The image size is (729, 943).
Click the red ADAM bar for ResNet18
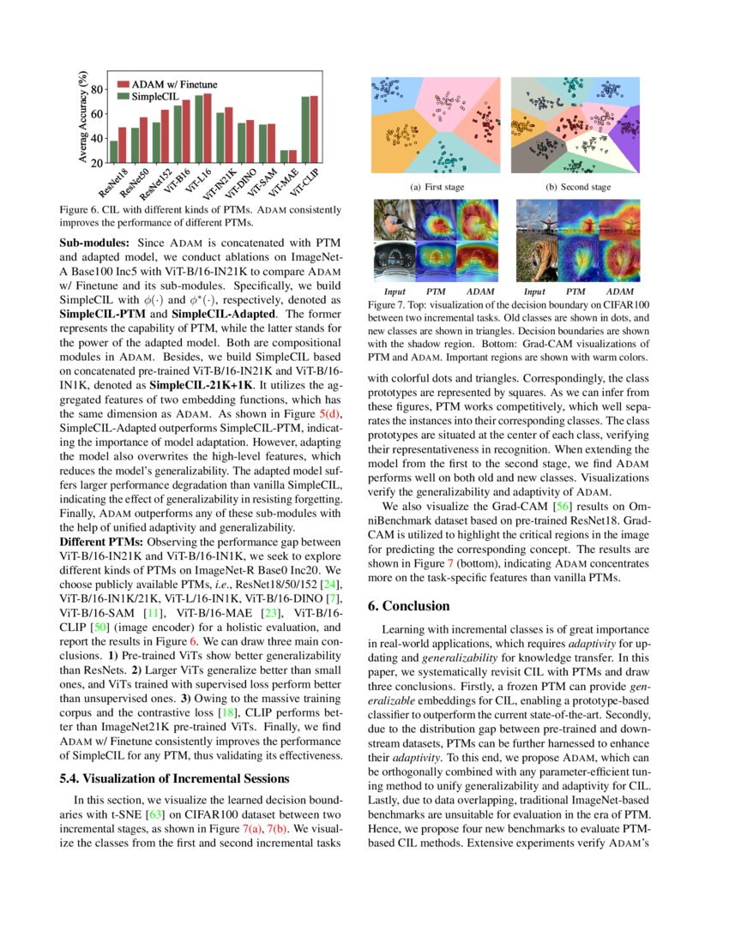point(122,145)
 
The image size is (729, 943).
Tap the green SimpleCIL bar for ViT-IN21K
point(220,137)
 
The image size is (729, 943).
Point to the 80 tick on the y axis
point(96,88)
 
